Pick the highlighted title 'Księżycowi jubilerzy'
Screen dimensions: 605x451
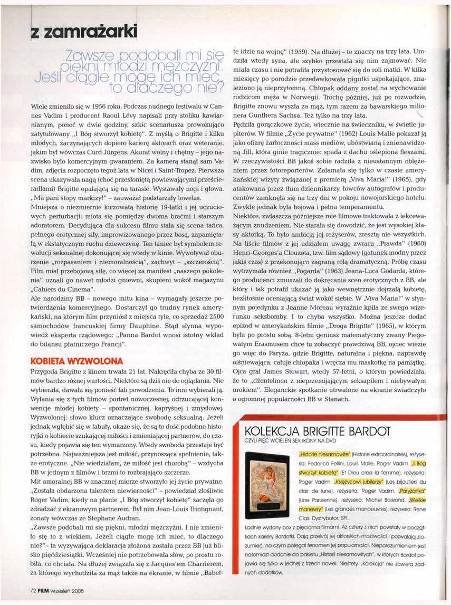[357, 481]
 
